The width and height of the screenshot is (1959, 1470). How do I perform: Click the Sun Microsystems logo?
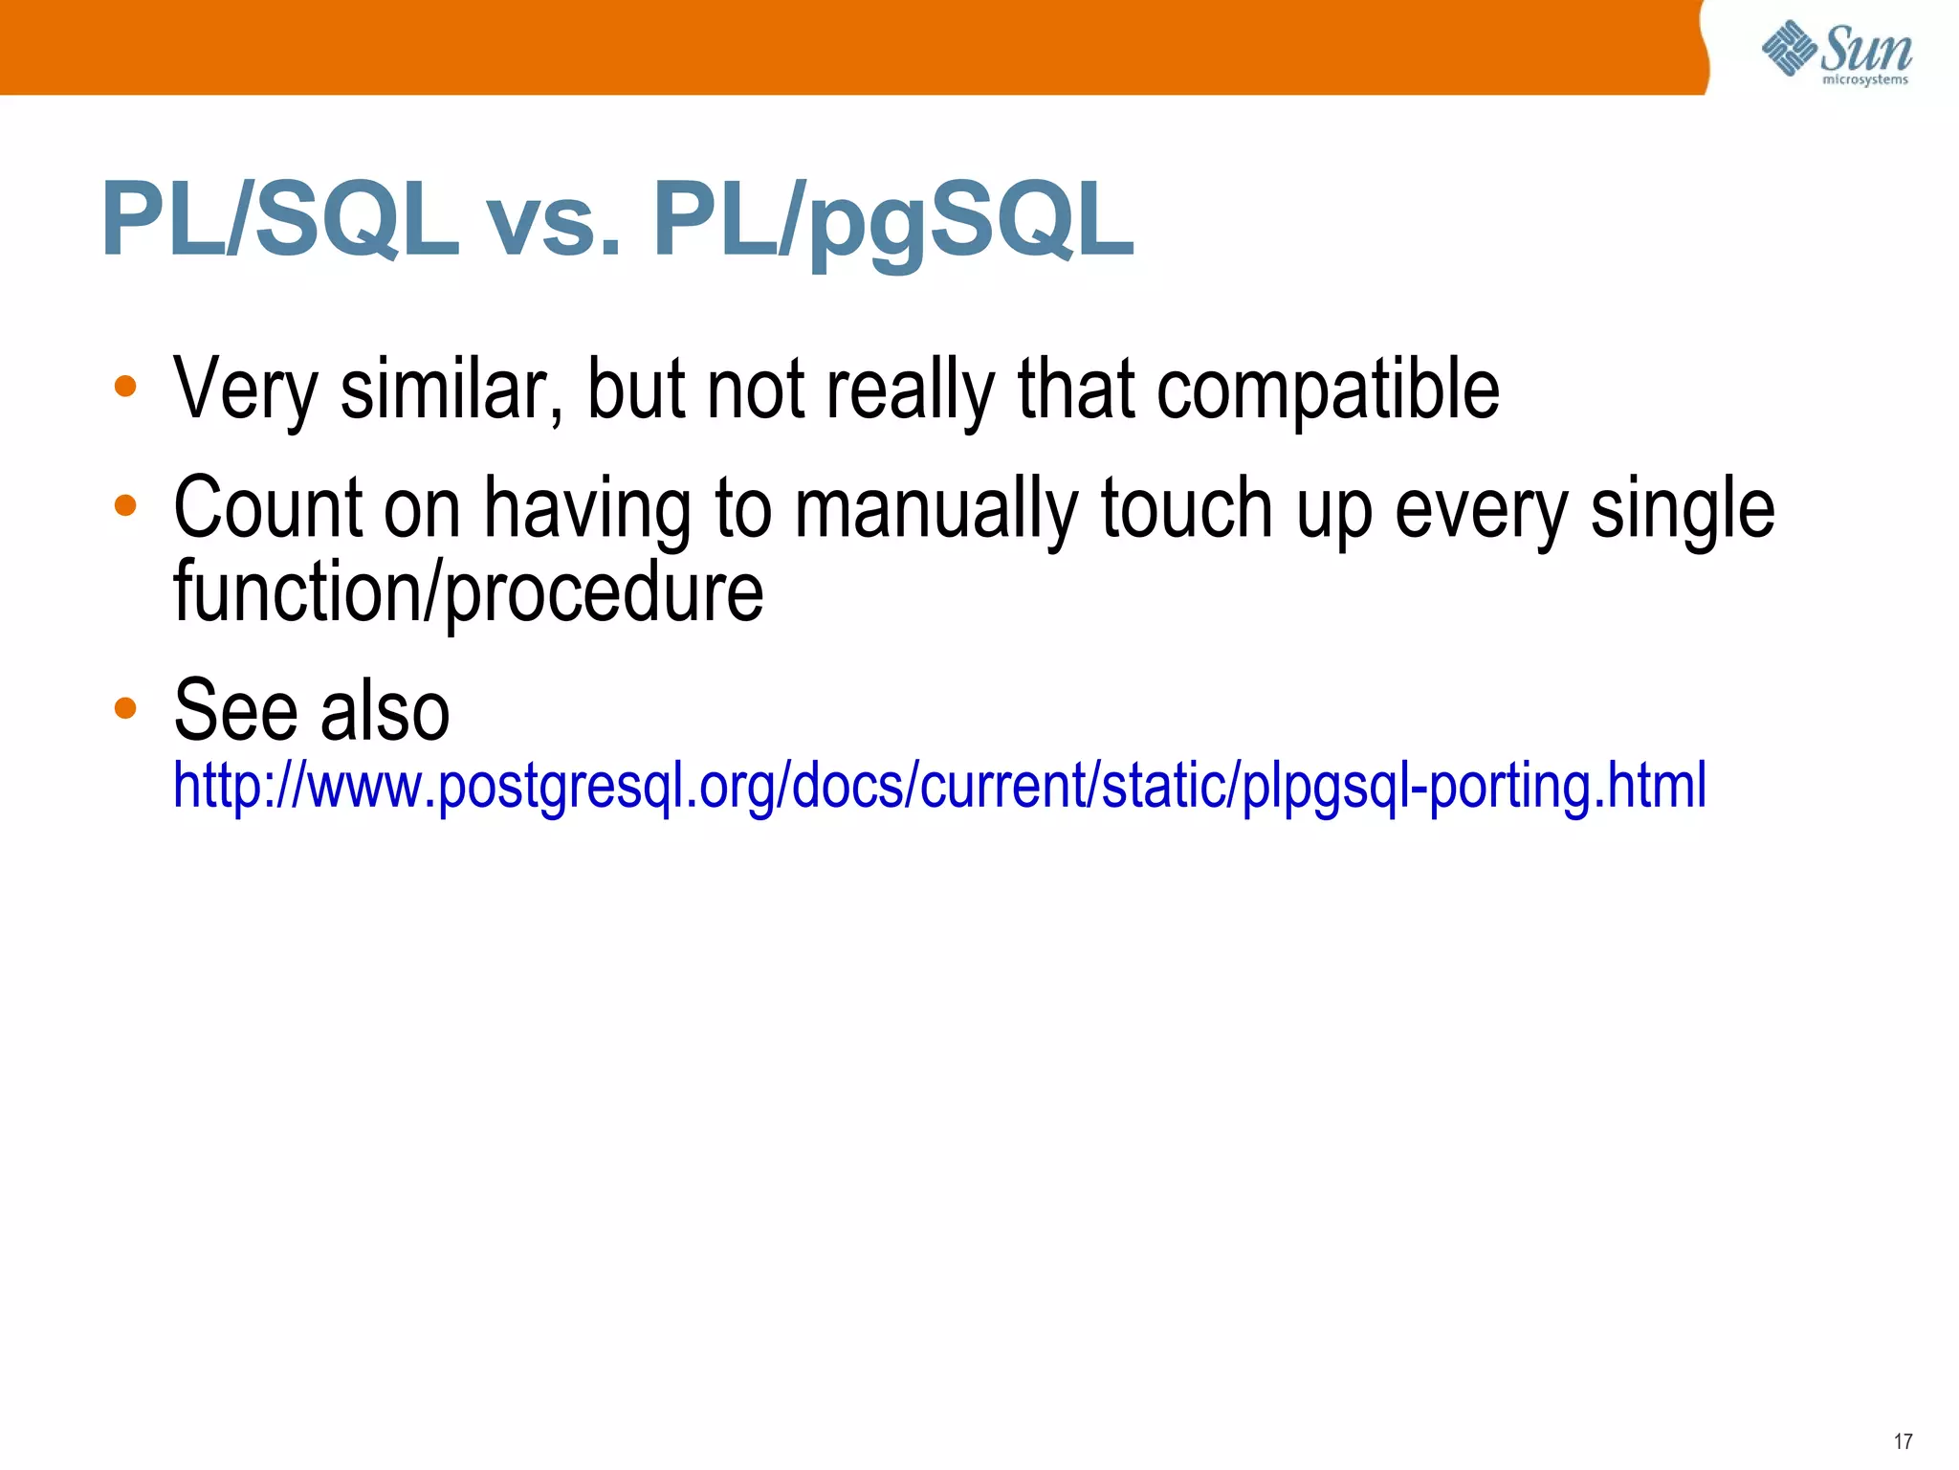(x=1837, y=53)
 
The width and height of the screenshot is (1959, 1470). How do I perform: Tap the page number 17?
(x=1903, y=1441)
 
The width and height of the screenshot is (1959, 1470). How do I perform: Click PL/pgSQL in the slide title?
(x=892, y=221)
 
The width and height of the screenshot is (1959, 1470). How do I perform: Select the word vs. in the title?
(x=555, y=221)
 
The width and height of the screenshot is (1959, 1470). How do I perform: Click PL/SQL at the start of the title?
(x=279, y=221)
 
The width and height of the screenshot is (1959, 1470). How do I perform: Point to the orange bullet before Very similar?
(x=125, y=387)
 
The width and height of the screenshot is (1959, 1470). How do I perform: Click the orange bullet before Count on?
(x=125, y=505)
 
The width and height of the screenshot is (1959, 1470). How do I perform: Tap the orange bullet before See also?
(x=125, y=708)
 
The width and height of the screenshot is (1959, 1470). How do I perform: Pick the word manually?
(x=935, y=509)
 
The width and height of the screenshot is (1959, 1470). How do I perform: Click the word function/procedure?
(x=468, y=592)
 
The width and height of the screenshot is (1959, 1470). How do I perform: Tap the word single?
(x=1682, y=509)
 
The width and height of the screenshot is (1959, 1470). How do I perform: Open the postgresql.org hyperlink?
(x=939, y=786)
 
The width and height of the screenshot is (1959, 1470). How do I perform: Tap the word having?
(x=586, y=509)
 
